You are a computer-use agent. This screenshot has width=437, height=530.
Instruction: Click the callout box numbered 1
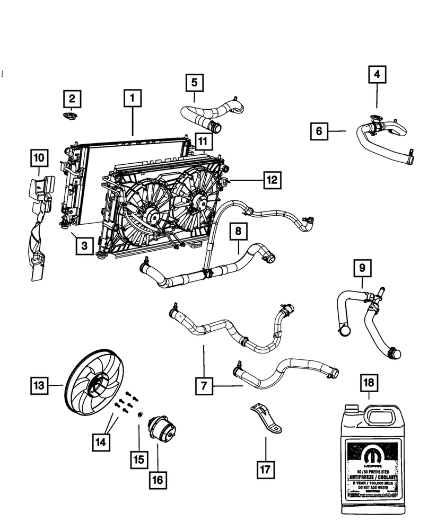pos(133,99)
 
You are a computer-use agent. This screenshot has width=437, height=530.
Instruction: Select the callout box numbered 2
pos(73,99)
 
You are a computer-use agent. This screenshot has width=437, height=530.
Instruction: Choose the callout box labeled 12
pos(272,180)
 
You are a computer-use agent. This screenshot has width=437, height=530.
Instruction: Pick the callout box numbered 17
pos(265,469)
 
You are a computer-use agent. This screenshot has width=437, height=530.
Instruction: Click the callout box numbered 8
pos(238,232)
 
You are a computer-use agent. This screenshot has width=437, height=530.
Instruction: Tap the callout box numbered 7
pos(204,387)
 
